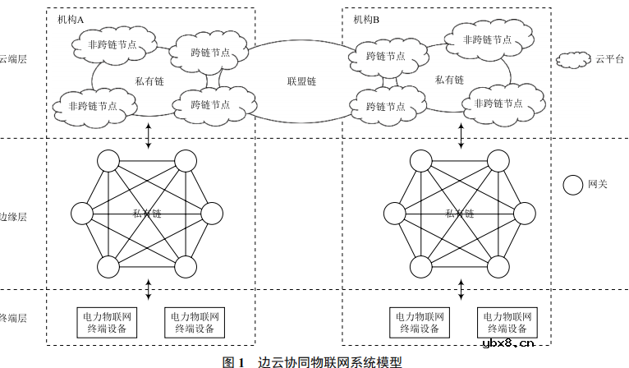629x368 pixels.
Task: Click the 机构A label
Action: tap(71, 19)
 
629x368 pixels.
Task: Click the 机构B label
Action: tap(366, 19)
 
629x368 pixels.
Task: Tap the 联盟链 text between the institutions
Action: tap(301, 81)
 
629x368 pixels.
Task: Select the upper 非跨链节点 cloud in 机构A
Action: tap(112, 45)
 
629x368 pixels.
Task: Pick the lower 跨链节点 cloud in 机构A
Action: tap(210, 104)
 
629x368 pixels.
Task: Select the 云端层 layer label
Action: tap(14, 59)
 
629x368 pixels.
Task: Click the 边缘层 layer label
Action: tap(14, 217)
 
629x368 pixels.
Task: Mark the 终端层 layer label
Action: tap(14, 317)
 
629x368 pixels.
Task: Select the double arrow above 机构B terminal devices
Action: tap(459, 290)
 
